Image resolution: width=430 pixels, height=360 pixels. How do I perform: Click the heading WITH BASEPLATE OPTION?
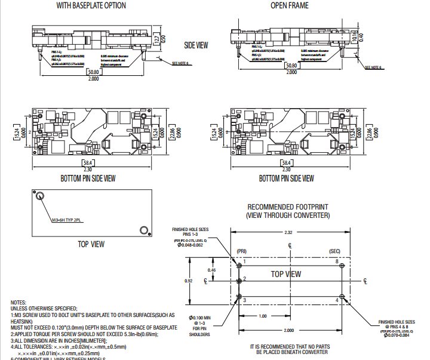tap(91, 5)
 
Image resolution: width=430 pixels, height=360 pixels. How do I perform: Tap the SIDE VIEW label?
tap(196, 45)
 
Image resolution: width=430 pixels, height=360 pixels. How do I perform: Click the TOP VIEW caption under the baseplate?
tap(91, 244)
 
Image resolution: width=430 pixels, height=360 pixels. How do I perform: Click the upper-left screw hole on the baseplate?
tap(40, 196)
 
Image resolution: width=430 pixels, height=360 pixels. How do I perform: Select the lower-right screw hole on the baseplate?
tap(143, 230)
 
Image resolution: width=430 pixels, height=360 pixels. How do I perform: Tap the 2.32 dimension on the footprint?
tap(289, 232)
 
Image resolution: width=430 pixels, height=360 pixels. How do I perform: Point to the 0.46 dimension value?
tap(211, 270)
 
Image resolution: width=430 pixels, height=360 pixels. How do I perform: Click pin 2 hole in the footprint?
tap(239, 280)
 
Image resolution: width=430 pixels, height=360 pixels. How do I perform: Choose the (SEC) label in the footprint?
tap(334, 251)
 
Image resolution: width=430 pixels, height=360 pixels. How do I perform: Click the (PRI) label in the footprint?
tap(241, 251)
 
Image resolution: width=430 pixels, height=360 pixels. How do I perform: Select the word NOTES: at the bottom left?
tap(20, 303)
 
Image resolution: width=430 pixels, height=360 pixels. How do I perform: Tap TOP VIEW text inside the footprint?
tap(286, 274)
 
